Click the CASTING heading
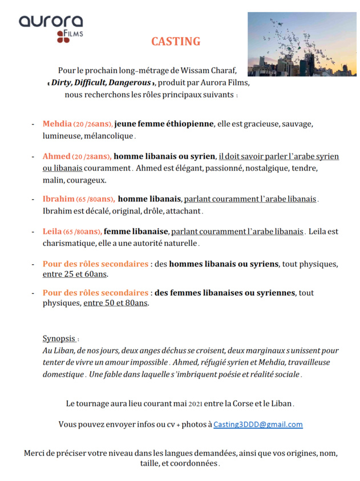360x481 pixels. [x=176, y=42]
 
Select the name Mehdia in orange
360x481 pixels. [x=57, y=124]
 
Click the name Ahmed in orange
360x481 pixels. [x=56, y=156]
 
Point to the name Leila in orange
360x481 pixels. [x=52, y=232]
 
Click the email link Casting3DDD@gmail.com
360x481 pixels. [x=258, y=425]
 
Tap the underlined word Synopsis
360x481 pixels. [x=59, y=338]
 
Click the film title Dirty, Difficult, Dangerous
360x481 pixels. [x=102, y=82]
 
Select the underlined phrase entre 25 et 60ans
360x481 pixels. [x=75, y=274]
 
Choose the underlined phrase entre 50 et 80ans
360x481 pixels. [x=116, y=304]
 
